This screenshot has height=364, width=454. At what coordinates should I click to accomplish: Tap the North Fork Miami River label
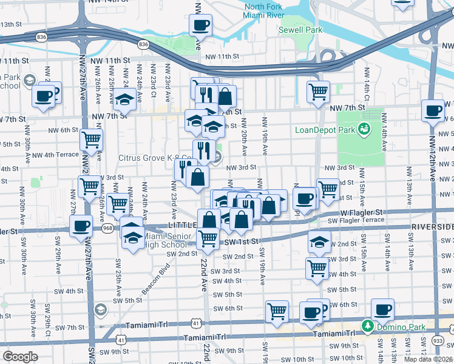[x=264, y=10]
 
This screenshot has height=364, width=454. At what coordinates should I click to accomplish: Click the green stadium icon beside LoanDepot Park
[x=364, y=129]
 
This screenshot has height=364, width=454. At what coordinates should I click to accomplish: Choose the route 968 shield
[x=108, y=228]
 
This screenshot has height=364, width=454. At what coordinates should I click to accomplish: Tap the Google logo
[x=20, y=356]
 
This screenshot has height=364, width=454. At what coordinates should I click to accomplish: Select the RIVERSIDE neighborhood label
[x=432, y=226]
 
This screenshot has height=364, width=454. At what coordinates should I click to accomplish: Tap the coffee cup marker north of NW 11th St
[x=200, y=25]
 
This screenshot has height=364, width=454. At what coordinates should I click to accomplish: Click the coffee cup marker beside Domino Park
[x=382, y=309]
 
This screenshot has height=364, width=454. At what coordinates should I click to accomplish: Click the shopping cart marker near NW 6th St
[x=91, y=140]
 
